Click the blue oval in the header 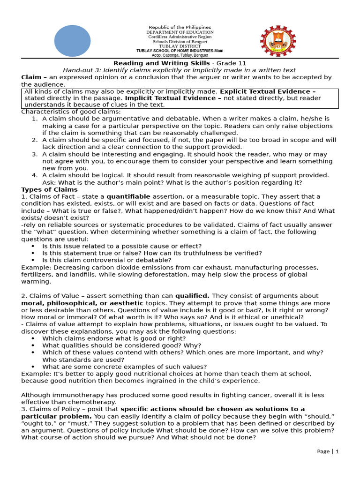coord(72,40)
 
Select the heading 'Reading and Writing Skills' coord(153,63)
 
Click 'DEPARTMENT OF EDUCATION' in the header coord(180,32)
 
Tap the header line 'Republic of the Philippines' coord(180,27)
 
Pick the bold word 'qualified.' coord(192,296)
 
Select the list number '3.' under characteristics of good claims coord(35,154)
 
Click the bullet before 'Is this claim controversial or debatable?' coord(32,260)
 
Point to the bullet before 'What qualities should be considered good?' coord(32,345)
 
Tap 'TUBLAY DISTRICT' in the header coord(180,46)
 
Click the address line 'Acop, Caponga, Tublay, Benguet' coord(180,55)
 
